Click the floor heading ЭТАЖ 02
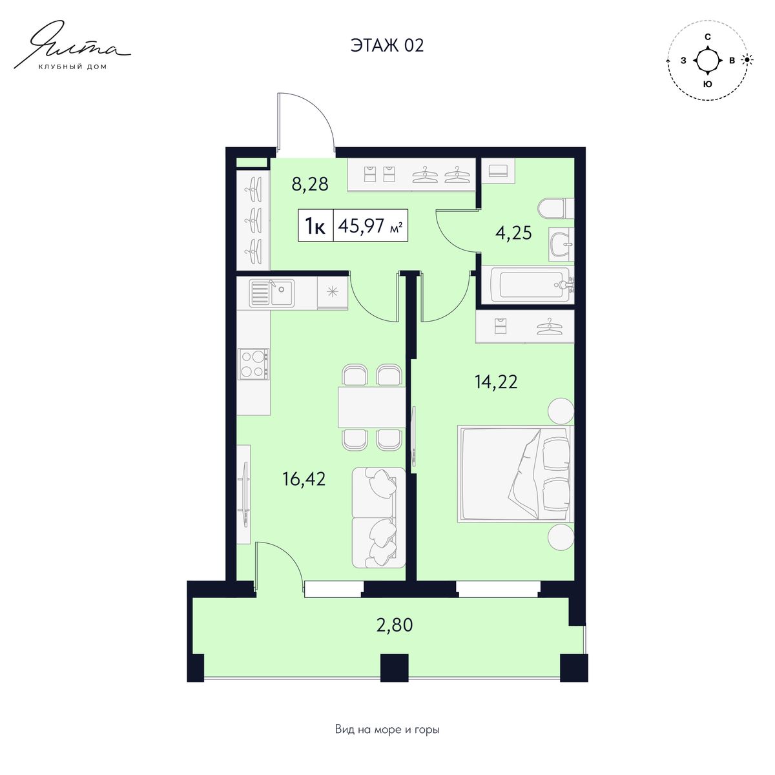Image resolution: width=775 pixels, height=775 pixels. pos(387,45)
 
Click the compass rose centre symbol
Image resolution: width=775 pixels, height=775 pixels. pos(707,60)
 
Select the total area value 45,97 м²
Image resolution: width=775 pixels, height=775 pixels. pos(371,225)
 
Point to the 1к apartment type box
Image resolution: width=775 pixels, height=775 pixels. pos(316,225)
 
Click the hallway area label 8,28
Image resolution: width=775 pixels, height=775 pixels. pos(310,185)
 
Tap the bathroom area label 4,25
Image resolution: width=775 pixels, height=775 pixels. pos(513,233)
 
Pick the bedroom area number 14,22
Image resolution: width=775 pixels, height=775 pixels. pos(496,382)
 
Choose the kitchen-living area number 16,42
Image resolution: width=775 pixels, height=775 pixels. pos(304,479)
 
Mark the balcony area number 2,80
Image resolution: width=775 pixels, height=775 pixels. pos(395,625)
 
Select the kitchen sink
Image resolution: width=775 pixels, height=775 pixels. pos(271,294)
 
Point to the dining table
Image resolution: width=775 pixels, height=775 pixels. pos(371,407)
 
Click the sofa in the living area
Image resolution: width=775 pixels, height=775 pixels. pos(378,518)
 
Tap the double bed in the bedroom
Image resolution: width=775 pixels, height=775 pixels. pos(516,475)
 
